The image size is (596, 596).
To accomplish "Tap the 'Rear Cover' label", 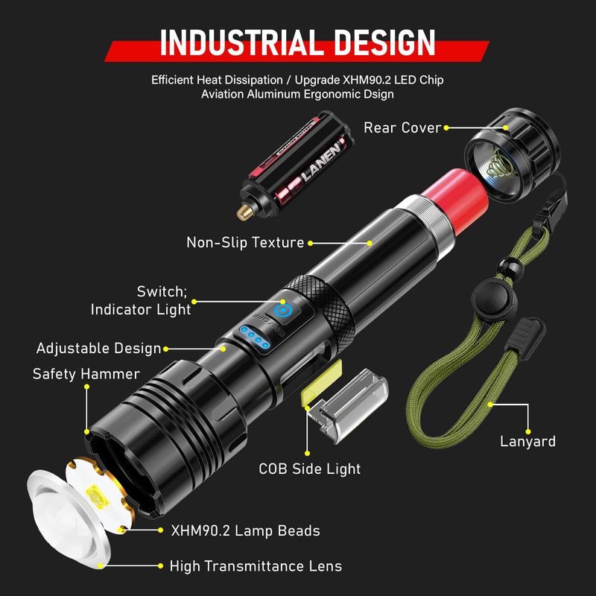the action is pyautogui.click(x=402, y=127).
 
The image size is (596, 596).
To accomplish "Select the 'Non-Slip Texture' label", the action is pyautogui.click(x=245, y=243).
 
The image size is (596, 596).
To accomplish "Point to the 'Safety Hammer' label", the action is pyautogui.click(x=86, y=374).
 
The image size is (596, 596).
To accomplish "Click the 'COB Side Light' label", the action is pyautogui.click(x=309, y=469).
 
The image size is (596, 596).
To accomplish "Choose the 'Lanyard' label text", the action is pyautogui.click(x=527, y=441).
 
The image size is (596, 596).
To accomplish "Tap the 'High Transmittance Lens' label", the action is pyautogui.click(x=256, y=566).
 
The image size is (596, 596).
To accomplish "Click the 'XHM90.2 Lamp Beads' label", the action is pyautogui.click(x=245, y=530).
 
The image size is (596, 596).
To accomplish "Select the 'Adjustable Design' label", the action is pyautogui.click(x=99, y=348).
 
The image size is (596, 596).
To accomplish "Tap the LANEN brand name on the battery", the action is pyautogui.click(x=322, y=162).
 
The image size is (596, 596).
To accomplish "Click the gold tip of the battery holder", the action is pyautogui.click(x=245, y=212).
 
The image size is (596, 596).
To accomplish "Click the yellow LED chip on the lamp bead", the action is pyautogui.click(x=98, y=496).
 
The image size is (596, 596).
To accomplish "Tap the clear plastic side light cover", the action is pyautogui.click(x=348, y=404).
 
